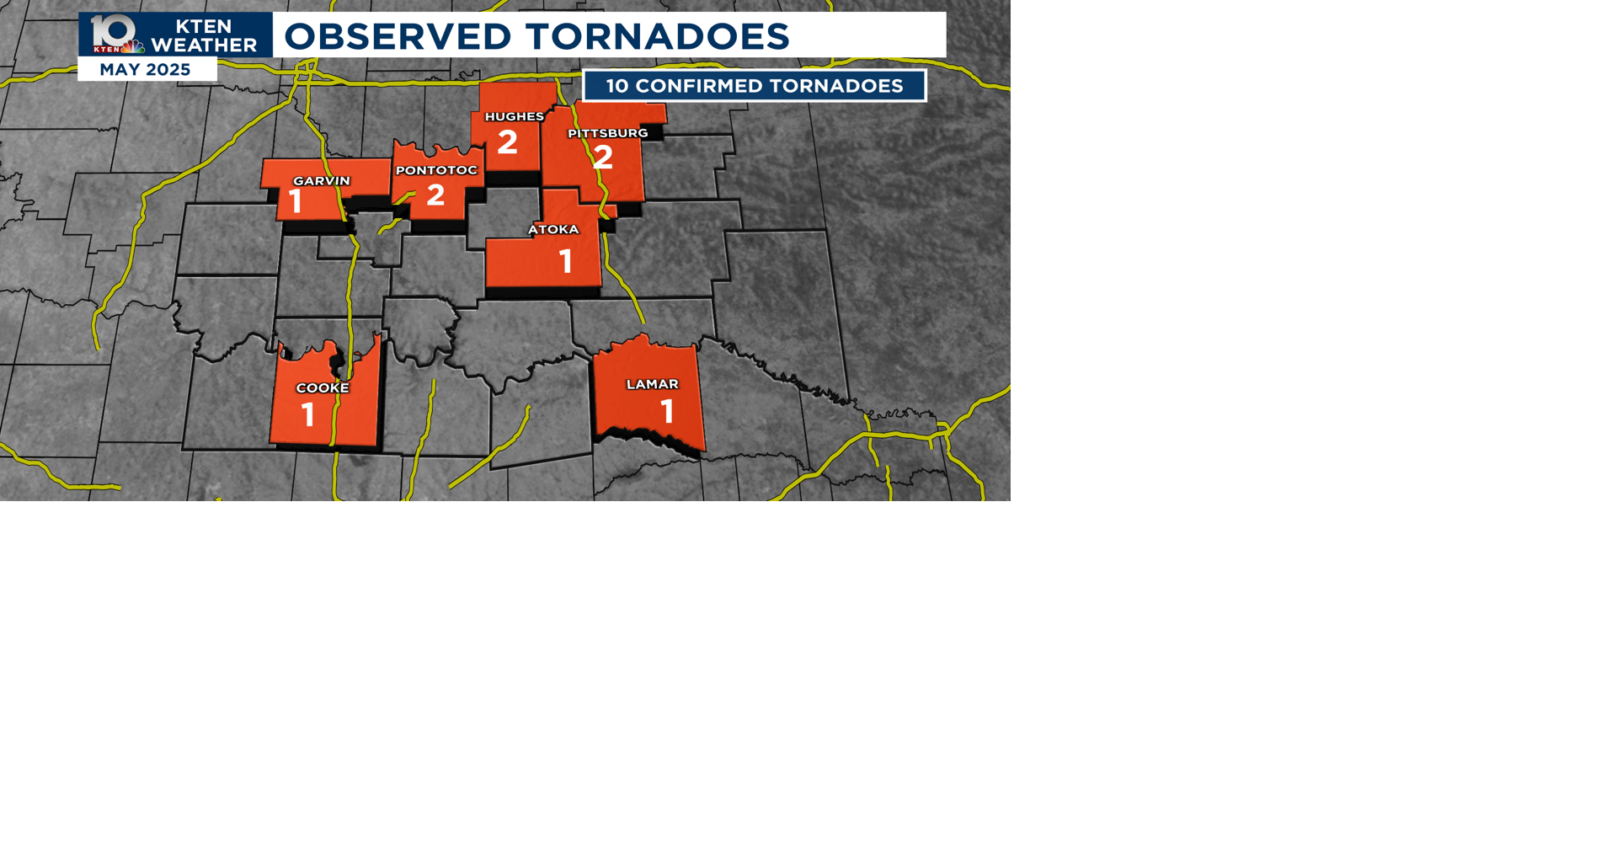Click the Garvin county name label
pos(321,181)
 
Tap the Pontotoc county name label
pos(436,170)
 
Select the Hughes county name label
pos(514,117)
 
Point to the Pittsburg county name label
pos(607,133)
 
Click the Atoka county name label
pos(553,229)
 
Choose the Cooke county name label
pos(322,388)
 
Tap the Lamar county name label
pos(652,384)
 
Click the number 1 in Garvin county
pos(296,202)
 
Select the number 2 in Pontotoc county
pos(435,195)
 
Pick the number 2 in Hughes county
pos(507,142)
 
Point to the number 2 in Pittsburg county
pos(603,158)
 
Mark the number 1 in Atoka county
pos(566,261)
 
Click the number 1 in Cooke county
pos(308,414)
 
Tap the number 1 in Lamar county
pos(668,412)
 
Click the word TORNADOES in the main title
pos(657,36)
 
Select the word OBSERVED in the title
pos(398,36)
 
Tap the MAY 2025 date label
pos(145,70)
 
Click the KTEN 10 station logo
pos(115,35)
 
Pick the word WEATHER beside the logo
pos(204,45)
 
